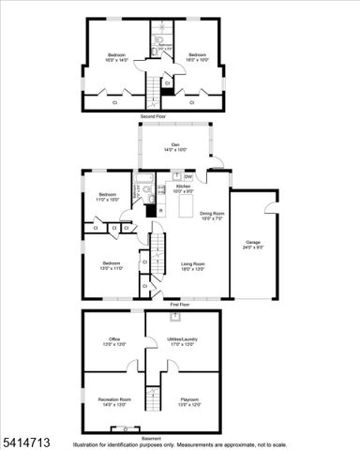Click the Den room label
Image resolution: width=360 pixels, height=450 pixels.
175,146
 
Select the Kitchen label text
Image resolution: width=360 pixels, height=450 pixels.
183,187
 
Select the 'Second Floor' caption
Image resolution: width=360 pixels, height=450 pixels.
153,116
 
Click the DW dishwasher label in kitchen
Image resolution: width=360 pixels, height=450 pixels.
188,176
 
